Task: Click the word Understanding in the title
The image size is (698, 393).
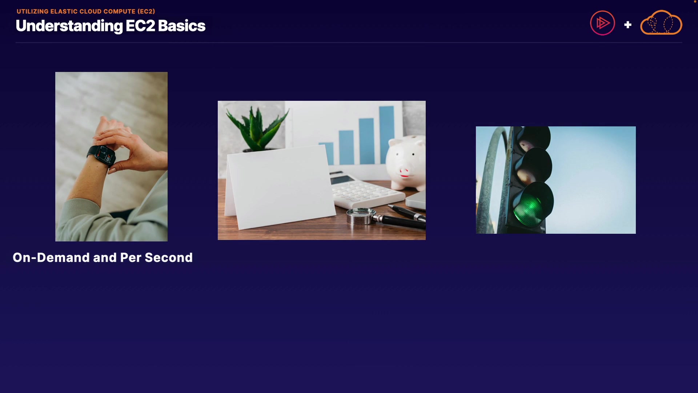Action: (69, 26)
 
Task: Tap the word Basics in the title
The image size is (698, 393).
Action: (182, 26)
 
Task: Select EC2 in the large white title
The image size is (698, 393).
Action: (140, 26)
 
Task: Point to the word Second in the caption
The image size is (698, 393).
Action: (169, 258)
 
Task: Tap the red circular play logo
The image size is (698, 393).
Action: (602, 23)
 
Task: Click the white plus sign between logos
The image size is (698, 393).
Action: (628, 25)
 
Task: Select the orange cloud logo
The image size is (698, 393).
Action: (661, 23)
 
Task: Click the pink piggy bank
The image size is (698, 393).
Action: (406, 162)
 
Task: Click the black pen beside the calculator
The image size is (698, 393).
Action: (407, 213)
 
